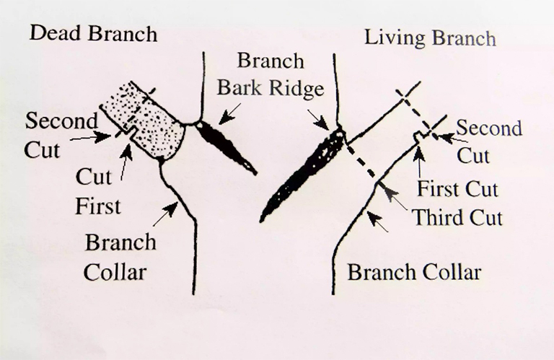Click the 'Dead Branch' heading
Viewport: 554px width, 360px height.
pyautogui.click(x=93, y=34)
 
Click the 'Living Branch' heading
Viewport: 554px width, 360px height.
pyautogui.click(x=431, y=38)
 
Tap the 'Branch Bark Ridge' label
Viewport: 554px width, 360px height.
pyautogui.click(x=271, y=74)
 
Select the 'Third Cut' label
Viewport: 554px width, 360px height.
pyautogui.click(x=457, y=217)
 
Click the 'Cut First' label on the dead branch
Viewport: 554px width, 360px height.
pyautogui.click(x=98, y=191)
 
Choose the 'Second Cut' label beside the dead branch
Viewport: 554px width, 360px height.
pyautogui.click(x=61, y=136)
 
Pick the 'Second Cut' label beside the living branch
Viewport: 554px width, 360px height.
pyautogui.click(x=489, y=141)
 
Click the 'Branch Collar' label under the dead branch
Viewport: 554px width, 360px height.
pyautogui.click(x=120, y=257)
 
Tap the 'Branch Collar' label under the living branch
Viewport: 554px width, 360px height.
pyautogui.click(x=415, y=273)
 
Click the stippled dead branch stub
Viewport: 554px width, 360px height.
pyautogui.click(x=143, y=120)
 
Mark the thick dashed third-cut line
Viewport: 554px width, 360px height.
pyautogui.click(x=360, y=158)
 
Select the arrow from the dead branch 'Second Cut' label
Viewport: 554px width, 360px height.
pyautogui.click(x=91, y=137)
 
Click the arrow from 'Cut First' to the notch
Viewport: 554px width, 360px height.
pyautogui.click(x=126, y=162)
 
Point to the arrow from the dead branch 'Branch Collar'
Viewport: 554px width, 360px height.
pyautogui.click(x=165, y=214)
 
